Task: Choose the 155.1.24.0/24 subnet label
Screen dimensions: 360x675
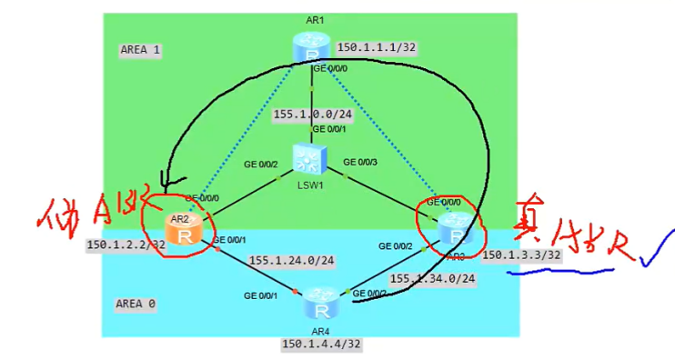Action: [291, 261]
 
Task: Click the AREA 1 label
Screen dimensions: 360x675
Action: [140, 51]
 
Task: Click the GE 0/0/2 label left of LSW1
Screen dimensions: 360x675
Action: [262, 164]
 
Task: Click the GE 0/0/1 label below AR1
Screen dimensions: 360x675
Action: [328, 129]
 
